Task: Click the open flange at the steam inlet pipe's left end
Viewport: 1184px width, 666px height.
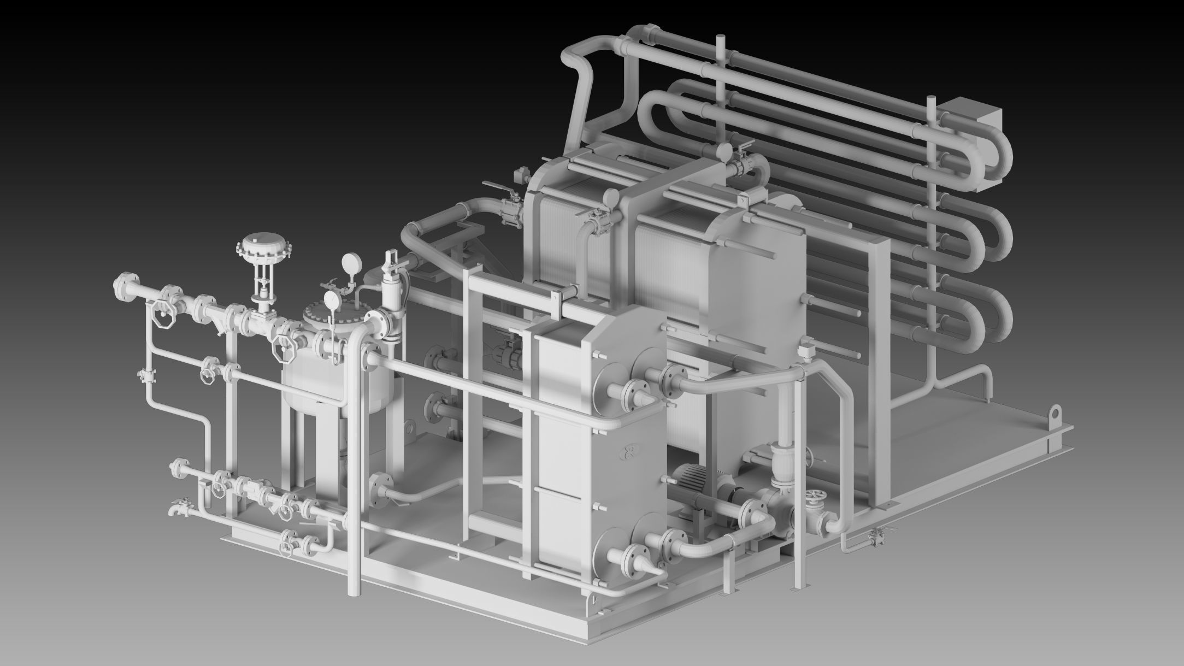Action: tap(122, 285)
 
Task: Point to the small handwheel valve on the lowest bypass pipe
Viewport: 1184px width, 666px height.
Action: tap(286, 546)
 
